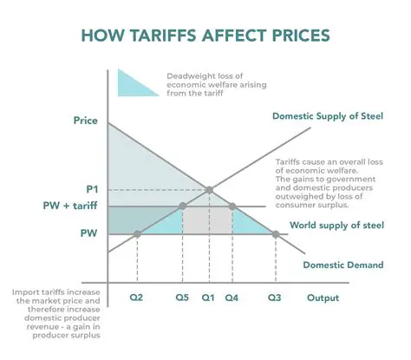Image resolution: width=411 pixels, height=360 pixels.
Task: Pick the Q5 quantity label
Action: point(182,297)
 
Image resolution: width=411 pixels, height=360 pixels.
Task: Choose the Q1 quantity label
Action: point(208,297)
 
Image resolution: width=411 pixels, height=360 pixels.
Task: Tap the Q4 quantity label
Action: point(232,297)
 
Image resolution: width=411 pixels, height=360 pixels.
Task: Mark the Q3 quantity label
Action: point(275,297)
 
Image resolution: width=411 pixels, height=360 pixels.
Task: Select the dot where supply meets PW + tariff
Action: point(182,206)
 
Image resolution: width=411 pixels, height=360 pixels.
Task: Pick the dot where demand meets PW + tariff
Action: point(232,206)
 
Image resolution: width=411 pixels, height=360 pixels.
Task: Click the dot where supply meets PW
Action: point(139,233)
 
